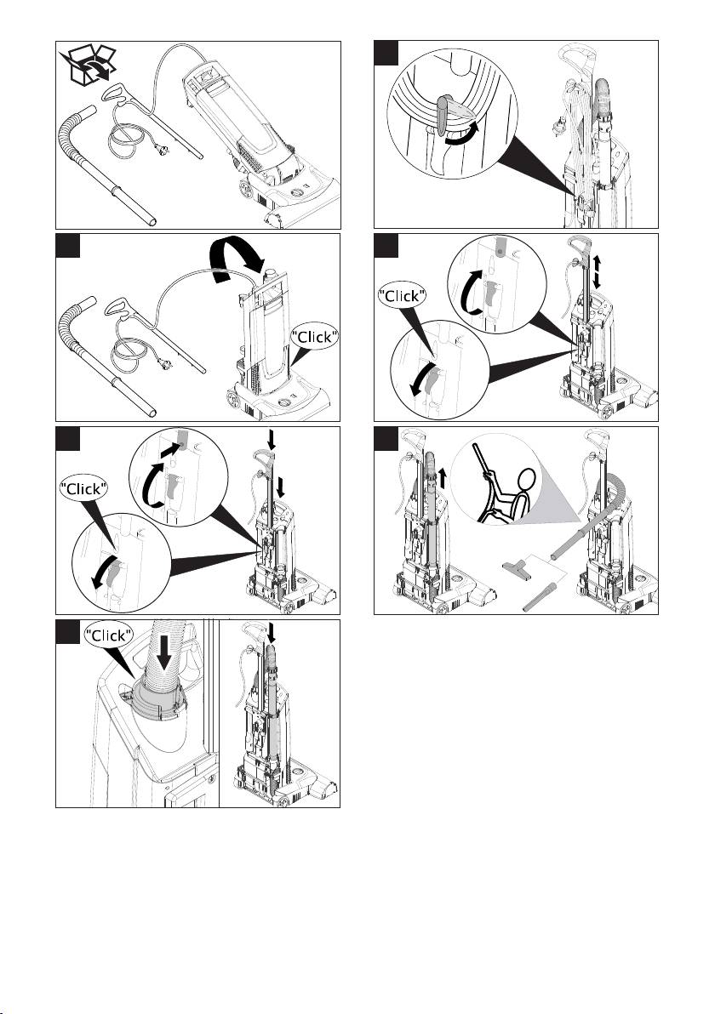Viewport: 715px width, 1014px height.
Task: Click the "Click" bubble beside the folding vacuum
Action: pyautogui.click(x=314, y=336)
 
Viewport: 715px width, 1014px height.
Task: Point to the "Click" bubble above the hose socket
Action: pyautogui.click(x=109, y=635)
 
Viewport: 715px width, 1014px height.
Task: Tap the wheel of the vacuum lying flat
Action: pyautogui.click(x=245, y=190)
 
